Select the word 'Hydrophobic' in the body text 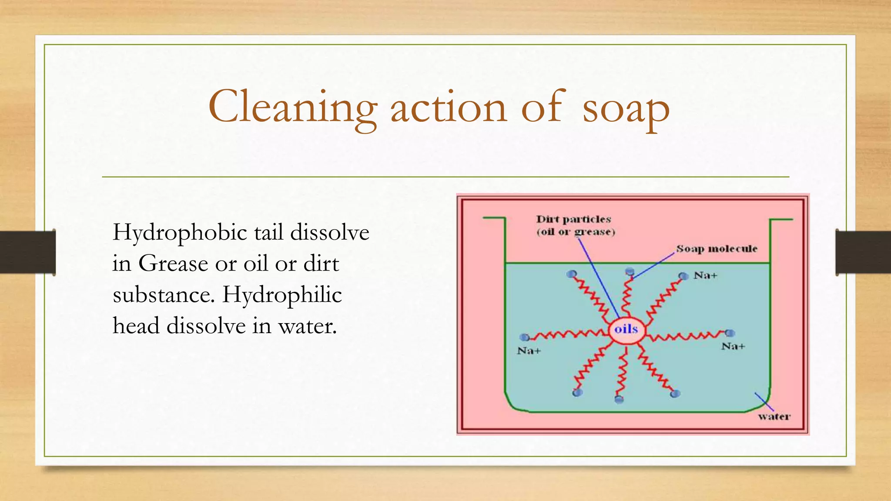[180, 233]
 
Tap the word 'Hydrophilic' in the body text [281, 295]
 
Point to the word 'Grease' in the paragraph [173, 264]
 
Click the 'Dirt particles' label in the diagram [573, 219]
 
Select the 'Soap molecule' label [716, 249]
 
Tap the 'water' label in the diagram [774, 417]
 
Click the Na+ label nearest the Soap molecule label [705, 275]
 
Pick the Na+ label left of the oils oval [529, 351]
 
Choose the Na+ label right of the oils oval [733, 346]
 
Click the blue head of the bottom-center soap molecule [619, 399]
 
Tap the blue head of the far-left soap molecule [525, 337]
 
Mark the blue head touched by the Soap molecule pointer [630, 272]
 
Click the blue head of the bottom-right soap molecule [675, 394]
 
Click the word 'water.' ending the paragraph [308, 326]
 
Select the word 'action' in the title [449, 107]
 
